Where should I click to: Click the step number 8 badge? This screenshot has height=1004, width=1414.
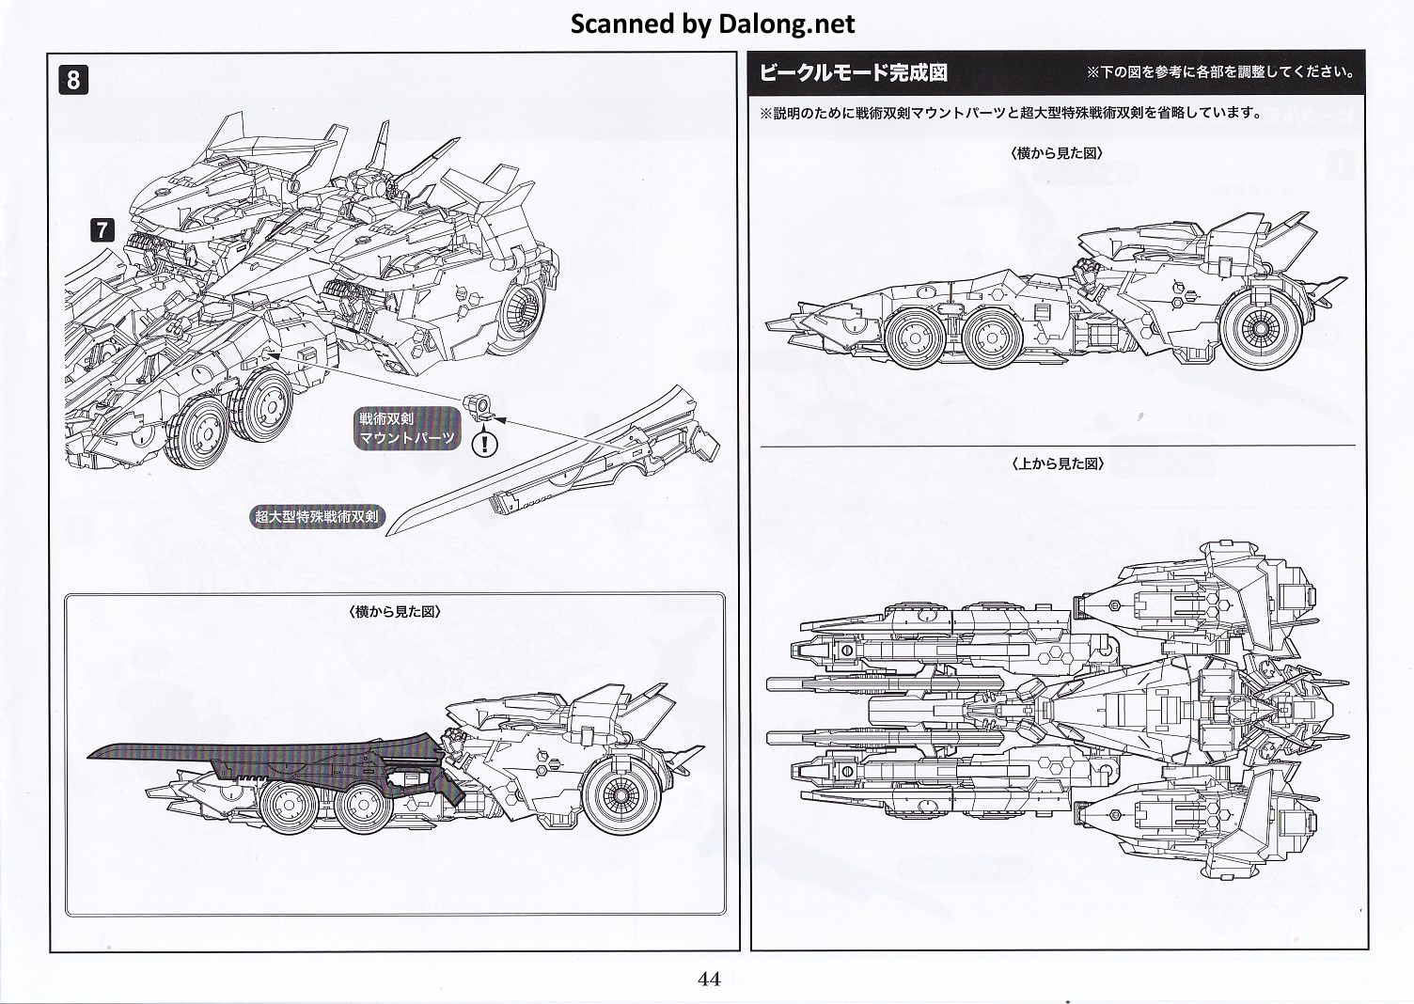pyautogui.click(x=74, y=79)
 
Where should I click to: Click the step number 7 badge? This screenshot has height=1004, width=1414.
pyautogui.click(x=102, y=228)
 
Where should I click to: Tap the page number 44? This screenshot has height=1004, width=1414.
pyautogui.click(x=709, y=979)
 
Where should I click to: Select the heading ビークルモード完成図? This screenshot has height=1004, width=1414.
pyautogui.click(x=853, y=72)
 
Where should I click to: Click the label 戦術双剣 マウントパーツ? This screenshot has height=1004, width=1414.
pyautogui.click(x=407, y=428)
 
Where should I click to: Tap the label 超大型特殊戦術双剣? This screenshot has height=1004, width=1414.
pyautogui.click(x=318, y=516)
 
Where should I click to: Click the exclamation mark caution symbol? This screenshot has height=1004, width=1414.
pyautogui.click(x=485, y=442)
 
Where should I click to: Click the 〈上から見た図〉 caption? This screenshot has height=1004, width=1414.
pyautogui.click(x=1058, y=463)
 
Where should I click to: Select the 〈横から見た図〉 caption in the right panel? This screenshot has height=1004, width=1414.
pyautogui.click(x=1058, y=152)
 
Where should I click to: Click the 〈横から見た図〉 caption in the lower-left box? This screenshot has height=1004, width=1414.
pyautogui.click(x=395, y=611)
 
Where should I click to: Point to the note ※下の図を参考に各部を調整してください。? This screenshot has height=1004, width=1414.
pyautogui.click(x=1220, y=72)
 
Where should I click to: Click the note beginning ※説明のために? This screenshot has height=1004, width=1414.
pyautogui.click(x=1011, y=113)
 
